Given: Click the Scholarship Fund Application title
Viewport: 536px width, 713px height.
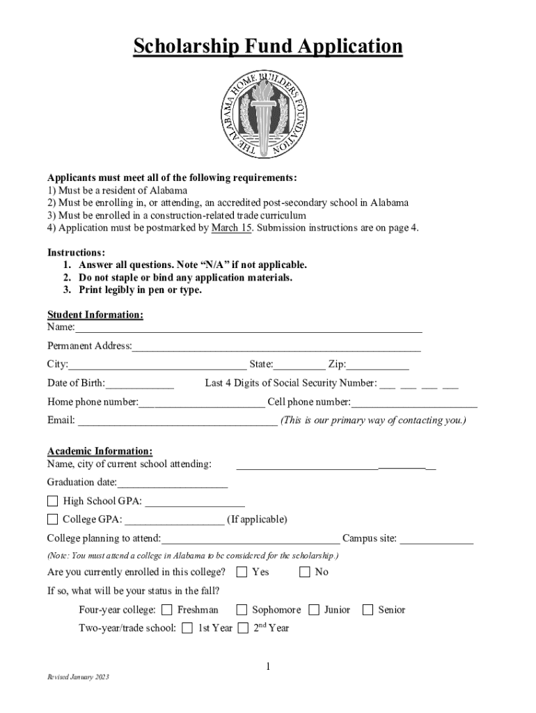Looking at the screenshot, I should coord(268,47).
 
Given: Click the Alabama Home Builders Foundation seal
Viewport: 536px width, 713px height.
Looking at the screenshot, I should coord(268,115).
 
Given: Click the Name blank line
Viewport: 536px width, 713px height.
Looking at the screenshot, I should coord(249,327).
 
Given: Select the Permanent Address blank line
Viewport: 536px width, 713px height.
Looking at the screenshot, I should coord(276,346).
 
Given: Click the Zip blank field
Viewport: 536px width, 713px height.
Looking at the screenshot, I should coord(378,365).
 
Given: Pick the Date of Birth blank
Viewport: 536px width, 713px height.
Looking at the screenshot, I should coord(140,383).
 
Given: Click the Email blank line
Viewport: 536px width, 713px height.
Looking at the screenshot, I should coord(178,421).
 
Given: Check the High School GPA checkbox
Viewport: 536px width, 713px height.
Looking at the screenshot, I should coord(53,501).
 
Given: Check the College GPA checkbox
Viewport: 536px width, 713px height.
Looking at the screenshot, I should coord(53,519).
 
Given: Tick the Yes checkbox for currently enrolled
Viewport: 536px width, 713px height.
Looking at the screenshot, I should coord(242,572).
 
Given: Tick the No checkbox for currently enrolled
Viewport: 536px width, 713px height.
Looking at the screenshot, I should coord(305,572).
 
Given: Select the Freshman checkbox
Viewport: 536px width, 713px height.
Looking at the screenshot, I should coord(167,610).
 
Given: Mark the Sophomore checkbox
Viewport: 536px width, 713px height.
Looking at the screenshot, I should coord(242,610).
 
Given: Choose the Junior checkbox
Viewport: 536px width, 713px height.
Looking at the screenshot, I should coord(314,610).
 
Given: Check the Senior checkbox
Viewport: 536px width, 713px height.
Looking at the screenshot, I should coord(368,610).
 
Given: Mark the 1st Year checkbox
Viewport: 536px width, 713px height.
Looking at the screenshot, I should coord(187,628).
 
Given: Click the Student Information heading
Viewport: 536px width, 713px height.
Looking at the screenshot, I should coord(95,315).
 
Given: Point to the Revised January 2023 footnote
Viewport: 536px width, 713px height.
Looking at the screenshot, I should coord(78,677).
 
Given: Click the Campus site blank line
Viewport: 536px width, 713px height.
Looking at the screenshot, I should coord(436,538).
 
